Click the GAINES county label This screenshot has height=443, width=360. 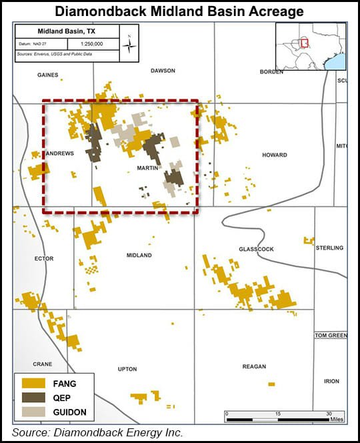48,76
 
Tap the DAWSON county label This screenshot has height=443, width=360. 163,70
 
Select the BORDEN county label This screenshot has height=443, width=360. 271,72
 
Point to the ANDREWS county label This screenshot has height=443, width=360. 60,153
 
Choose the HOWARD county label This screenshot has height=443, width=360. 274,155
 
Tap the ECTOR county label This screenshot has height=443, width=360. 43,258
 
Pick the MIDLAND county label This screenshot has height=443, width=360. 139,256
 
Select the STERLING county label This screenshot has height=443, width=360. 329,248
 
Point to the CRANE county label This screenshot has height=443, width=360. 43,364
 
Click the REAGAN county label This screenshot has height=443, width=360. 254,366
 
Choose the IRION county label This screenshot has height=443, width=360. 331,381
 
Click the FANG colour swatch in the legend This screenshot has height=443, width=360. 33,383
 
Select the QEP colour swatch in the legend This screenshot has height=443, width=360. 33,398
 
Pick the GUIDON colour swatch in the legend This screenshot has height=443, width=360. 33,412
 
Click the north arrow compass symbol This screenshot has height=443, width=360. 131,44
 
